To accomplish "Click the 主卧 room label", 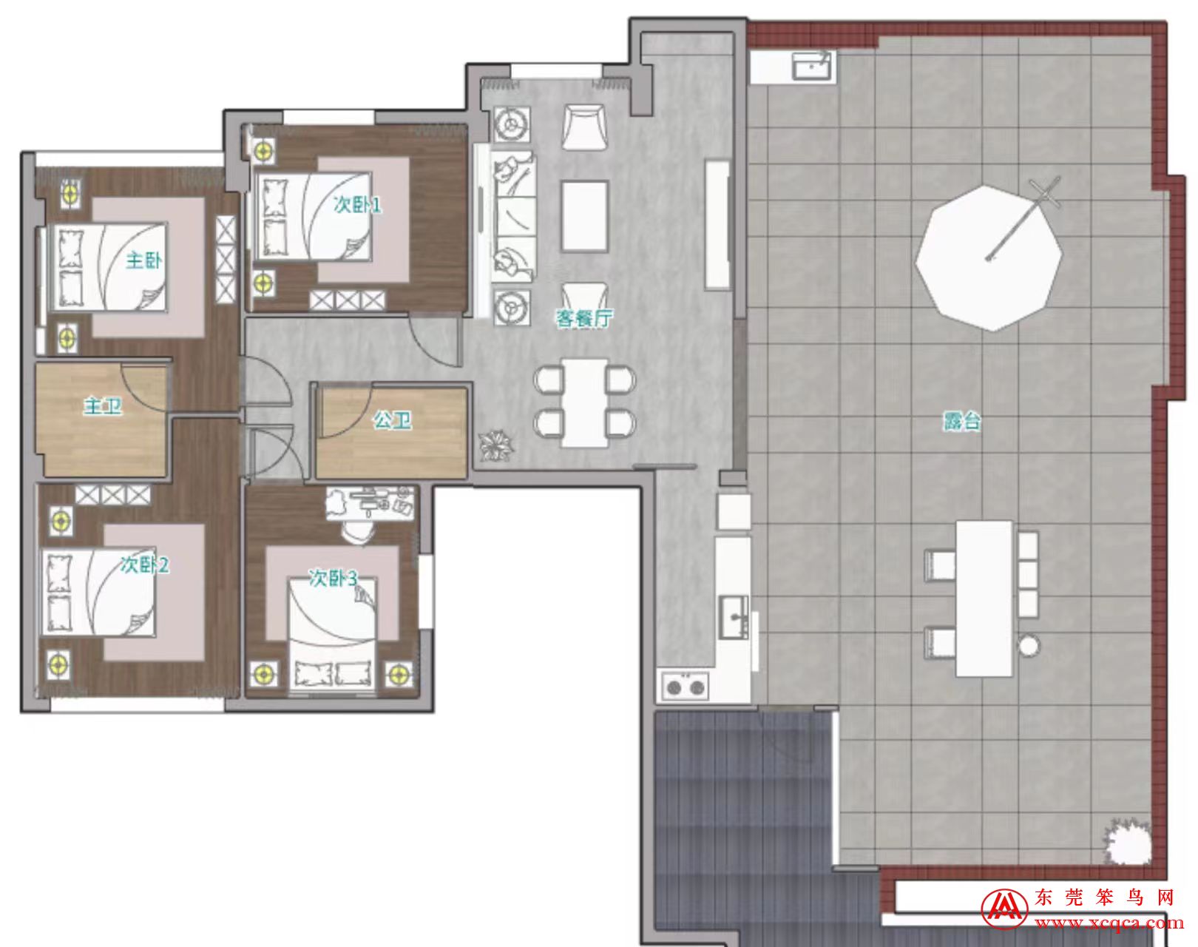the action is point(143,260).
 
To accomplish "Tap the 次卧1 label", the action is point(357,205).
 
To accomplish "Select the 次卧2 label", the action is point(145,565).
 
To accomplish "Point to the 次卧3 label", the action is point(333,579).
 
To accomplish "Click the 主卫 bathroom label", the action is point(103,406).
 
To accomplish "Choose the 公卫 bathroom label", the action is point(392,420).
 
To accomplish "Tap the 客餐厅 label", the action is point(583,318).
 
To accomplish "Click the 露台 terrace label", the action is point(962,422).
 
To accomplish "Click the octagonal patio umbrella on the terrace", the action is point(989,258).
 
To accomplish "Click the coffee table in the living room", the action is point(584,216).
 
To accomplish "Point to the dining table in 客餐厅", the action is point(584,402).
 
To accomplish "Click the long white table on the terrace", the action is point(984,599).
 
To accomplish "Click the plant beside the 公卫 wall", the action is point(495,445).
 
